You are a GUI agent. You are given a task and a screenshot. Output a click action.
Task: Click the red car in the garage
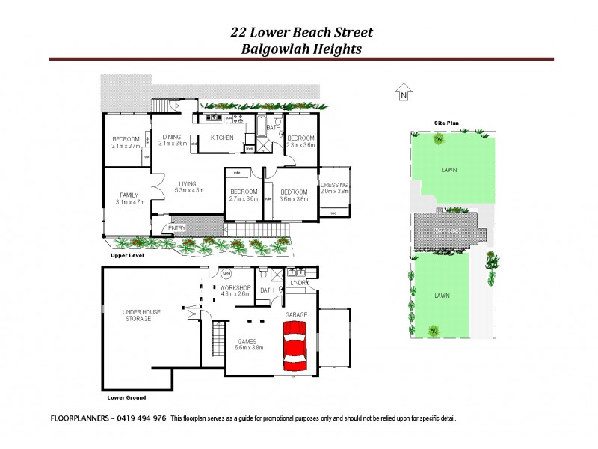296,346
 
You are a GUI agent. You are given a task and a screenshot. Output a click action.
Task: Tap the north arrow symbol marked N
404,92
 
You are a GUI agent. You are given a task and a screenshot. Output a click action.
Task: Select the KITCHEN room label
222,138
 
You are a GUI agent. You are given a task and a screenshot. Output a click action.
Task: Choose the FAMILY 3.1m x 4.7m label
129,198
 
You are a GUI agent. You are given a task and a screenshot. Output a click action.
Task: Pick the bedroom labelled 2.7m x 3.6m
243,195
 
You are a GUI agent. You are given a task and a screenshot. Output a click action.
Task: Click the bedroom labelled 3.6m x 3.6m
294,195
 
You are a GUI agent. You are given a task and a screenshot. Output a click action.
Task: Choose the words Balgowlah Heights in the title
301,49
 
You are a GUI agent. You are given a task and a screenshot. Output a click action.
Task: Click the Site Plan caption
445,122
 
